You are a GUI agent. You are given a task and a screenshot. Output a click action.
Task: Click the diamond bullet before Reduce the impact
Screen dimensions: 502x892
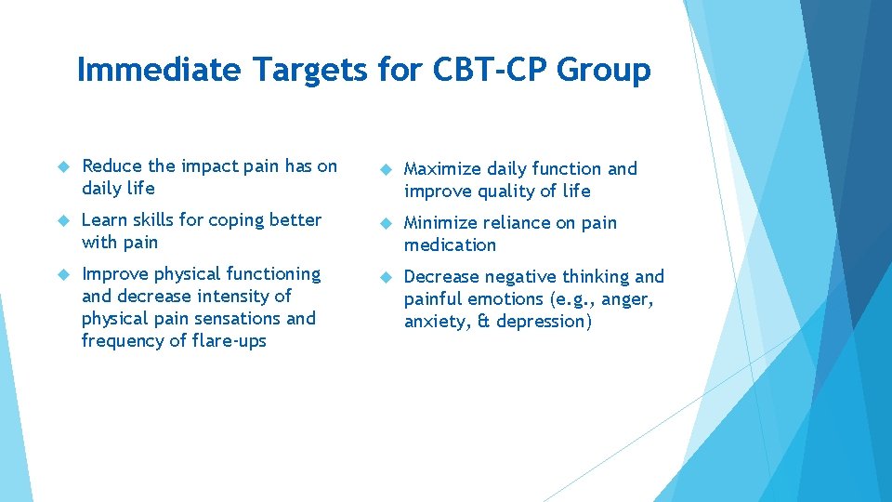(64, 166)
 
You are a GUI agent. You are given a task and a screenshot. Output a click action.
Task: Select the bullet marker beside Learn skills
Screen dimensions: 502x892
(64, 220)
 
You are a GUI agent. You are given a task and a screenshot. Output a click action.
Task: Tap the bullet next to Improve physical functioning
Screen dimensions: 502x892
(64, 274)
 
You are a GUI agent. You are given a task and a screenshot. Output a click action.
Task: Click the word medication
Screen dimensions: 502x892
(450, 245)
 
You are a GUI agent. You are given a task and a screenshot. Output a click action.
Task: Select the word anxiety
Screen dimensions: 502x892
(434, 322)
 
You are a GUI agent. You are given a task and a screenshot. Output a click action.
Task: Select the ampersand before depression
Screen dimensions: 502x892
(481, 322)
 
